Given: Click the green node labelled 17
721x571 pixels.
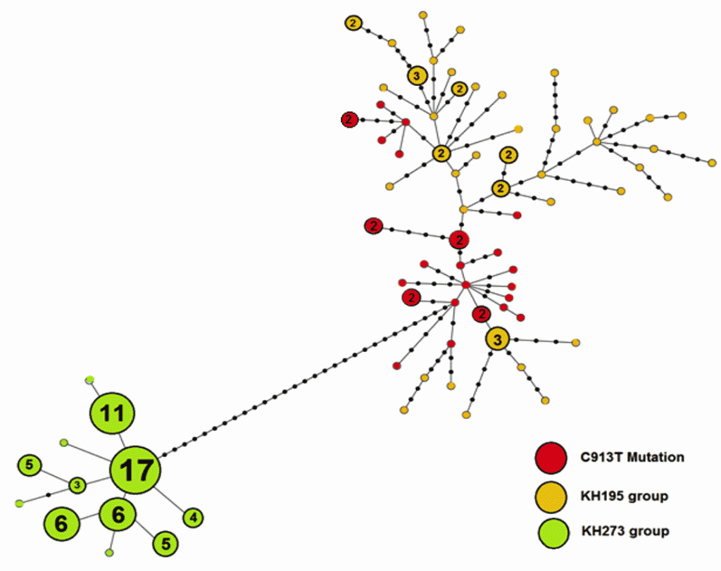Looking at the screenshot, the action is [x=135, y=470].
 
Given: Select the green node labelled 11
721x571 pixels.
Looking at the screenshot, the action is [x=112, y=413].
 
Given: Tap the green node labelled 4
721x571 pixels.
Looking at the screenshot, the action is [x=193, y=517].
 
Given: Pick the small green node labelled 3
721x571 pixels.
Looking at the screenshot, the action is [x=77, y=484].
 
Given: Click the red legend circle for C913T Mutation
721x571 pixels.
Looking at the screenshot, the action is [x=551, y=458].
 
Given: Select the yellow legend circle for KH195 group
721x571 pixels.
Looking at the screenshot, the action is [x=551, y=497].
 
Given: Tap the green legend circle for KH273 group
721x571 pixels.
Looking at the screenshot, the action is [x=553, y=533].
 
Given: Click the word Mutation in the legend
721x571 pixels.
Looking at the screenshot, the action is [x=656, y=457].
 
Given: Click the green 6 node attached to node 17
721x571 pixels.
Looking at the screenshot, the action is [x=118, y=515].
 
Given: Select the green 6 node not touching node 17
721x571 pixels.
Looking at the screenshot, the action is [x=62, y=523].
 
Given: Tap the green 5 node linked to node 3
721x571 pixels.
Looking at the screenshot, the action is [x=30, y=465].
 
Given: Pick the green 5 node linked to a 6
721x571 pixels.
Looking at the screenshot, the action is [x=165, y=544].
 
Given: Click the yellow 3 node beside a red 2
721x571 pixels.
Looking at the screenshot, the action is [x=498, y=340].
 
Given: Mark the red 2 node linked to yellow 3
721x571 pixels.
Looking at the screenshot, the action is [x=482, y=314].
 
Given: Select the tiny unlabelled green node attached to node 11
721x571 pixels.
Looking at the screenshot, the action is [x=89, y=379].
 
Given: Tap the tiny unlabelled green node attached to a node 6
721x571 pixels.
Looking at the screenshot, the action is [x=109, y=553].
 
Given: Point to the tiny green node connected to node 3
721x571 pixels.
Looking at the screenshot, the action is [x=19, y=503].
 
